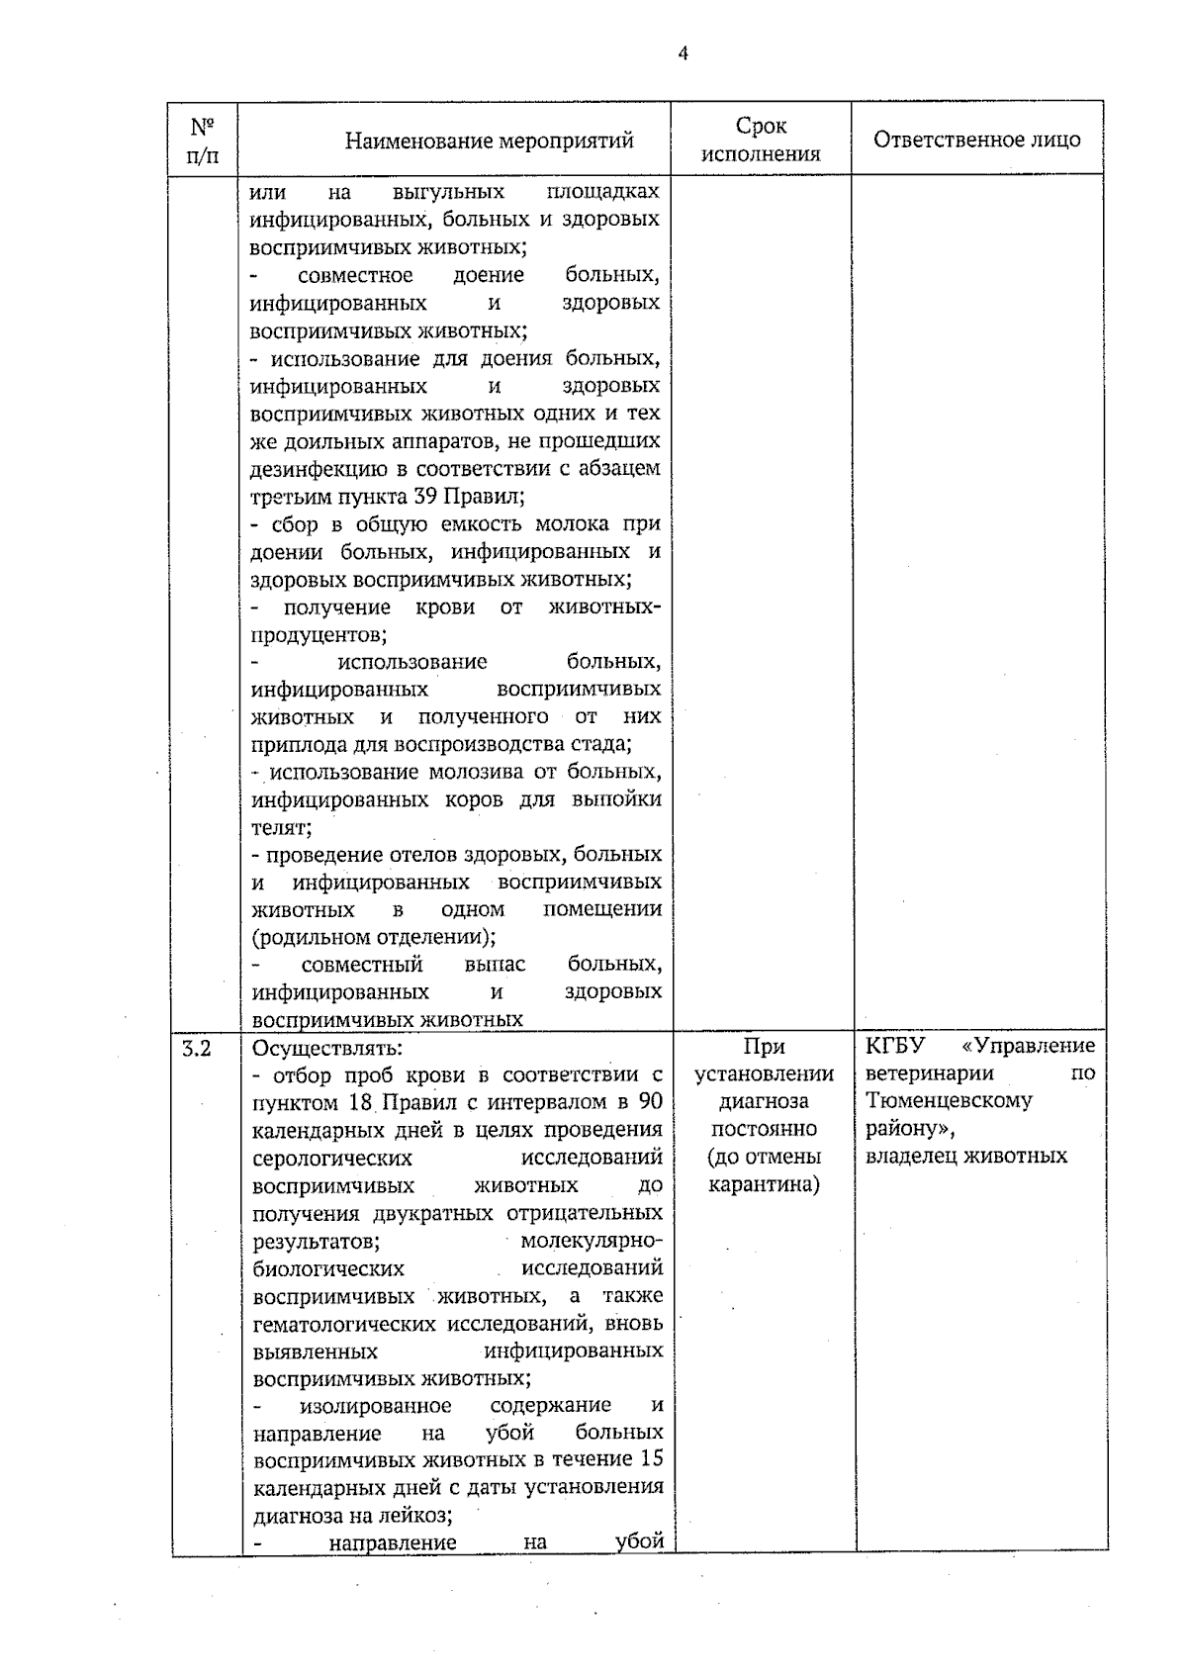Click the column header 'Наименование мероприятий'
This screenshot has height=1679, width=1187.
click(489, 140)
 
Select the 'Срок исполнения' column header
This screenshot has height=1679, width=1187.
click(761, 140)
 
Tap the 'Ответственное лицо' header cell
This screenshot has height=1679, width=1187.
click(976, 140)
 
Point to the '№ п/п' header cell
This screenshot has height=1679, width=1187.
click(203, 140)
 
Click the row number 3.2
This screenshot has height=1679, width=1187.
click(198, 1047)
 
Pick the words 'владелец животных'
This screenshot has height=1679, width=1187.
click(966, 1156)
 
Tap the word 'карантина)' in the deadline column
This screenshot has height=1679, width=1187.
click(764, 1184)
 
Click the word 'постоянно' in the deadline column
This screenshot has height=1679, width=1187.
click(764, 1129)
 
